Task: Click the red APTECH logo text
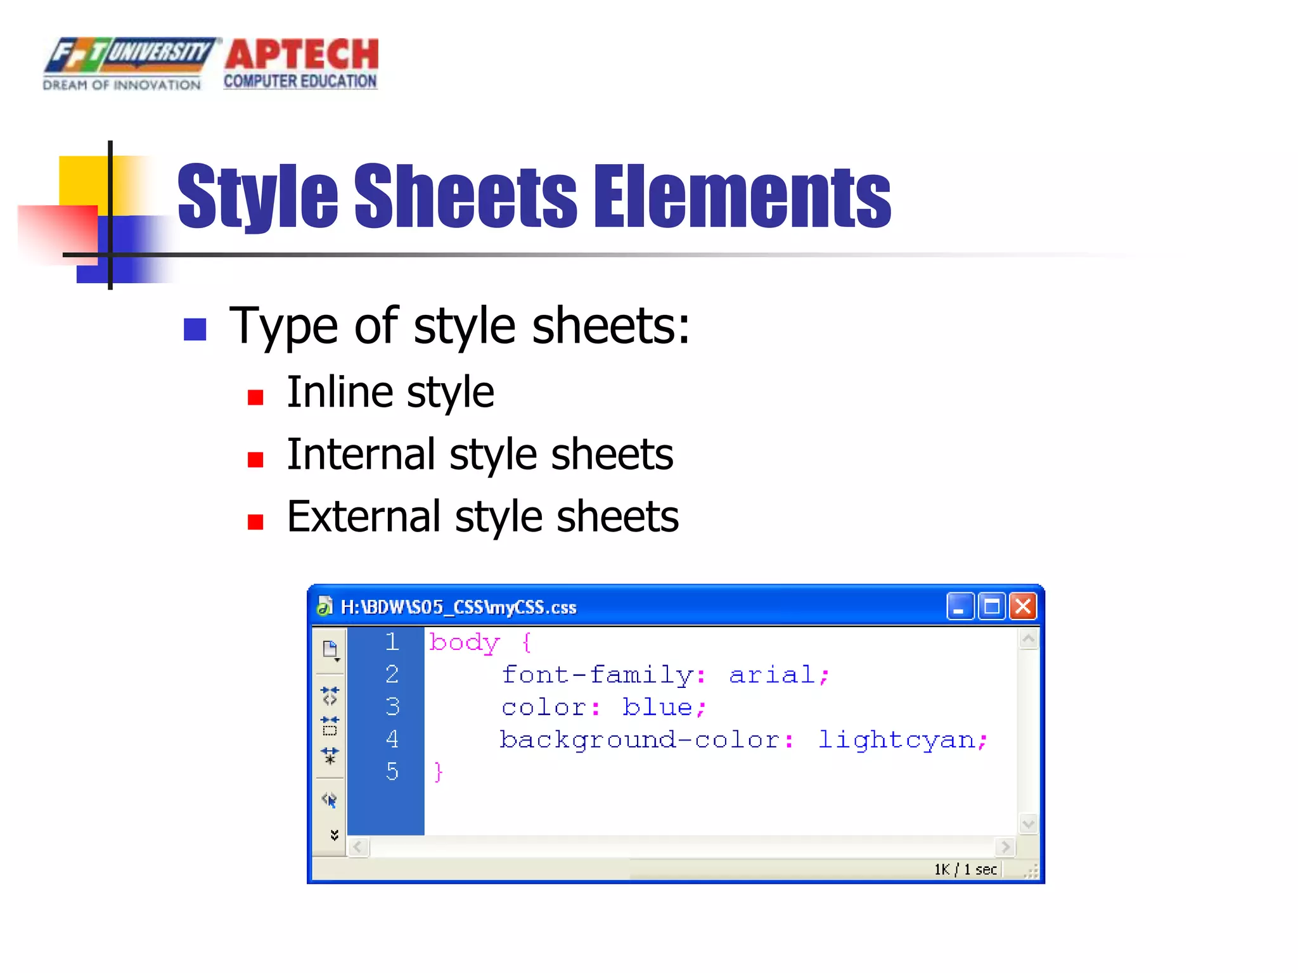[x=302, y=54]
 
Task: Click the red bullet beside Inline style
[x=255, y=398]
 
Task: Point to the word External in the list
[x=363, y=517]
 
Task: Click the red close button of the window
[x=1023, y=606]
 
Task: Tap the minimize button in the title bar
[x=960, y=606]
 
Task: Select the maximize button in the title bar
[x=991, y=606]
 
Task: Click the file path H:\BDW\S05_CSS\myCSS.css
[x=458, y=607]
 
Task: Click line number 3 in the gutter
[x=392, y=706]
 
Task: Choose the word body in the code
[x=465, y=643]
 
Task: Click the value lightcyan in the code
[x=896, y=740]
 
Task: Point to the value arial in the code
[x=772, y=675]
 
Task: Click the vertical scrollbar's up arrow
[x=1028, y=639]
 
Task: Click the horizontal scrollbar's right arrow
[x=1005, y=847]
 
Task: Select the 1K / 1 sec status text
[x=965, y=870]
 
